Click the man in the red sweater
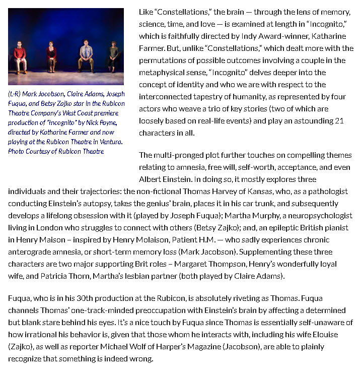pyautogui.click(x=20, y=56)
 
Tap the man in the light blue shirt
pyautogui.click(x=85, y=54)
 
